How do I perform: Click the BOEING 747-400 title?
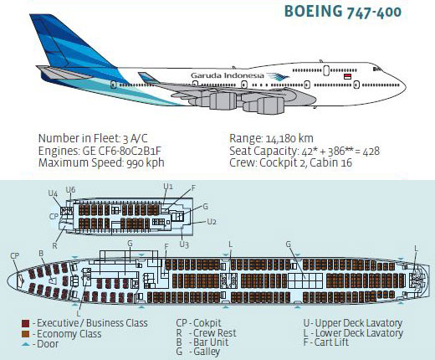pos(343,12)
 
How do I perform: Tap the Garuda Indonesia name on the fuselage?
pos(228,75)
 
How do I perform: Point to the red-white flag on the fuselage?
pos(347,76)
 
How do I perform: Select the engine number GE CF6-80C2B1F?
pos(121,151)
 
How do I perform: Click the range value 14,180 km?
pos(289,139)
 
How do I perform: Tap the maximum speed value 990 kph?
pos(146,162)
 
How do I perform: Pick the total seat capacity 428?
pos(371,151)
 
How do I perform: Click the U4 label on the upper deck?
pos(53,193)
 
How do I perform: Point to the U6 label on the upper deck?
pos(70,190)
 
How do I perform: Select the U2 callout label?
pos(212,222)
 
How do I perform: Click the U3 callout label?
pos(184,244)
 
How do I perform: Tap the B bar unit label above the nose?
pos(41,254)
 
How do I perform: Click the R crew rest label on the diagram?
pos(54,246)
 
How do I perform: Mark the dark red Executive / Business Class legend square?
pos(25,324)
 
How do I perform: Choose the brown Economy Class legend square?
pos(25,334)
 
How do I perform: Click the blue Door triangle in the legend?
pos(25,344)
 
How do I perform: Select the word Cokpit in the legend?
pos(207,323)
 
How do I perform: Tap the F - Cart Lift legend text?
pos(326,342)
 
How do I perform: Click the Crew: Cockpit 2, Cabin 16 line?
pos(290,162)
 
